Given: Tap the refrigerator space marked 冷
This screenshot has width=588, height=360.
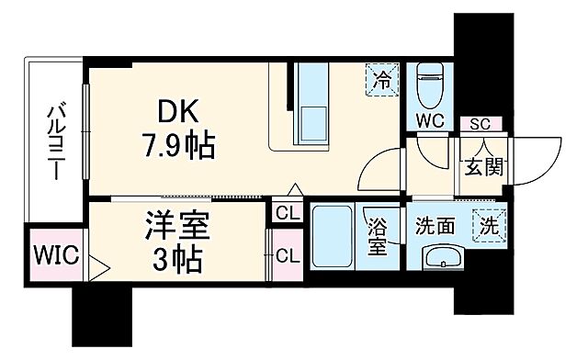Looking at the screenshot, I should [x=380, y=78].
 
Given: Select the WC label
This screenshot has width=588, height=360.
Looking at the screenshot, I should [x=430, y=120].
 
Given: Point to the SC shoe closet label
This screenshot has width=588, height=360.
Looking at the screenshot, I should [x=478, y=124].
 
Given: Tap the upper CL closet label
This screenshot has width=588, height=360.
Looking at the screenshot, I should [x=287, y=215].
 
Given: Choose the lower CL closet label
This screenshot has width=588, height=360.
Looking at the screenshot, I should [x=287, y=255].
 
